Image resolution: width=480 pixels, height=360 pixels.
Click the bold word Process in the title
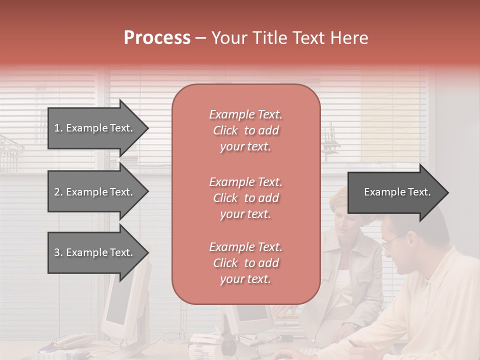point(157,38)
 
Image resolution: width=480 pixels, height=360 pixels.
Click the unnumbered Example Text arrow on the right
point(397,192)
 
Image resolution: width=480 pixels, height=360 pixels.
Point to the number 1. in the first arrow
point(58,128)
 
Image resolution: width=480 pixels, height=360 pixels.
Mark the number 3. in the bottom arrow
point(58,252)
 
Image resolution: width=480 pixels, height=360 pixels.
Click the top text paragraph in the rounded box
point(245,130)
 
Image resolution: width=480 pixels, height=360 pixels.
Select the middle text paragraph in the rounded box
point(245,198)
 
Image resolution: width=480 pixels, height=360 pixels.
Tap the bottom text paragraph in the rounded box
point(245,263)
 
